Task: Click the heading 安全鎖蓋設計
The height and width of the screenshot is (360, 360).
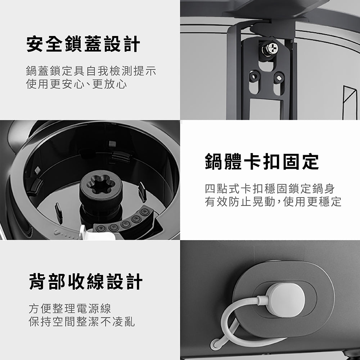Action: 83,44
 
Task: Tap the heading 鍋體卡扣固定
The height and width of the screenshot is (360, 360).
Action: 262,162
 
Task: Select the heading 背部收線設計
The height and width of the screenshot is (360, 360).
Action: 86,282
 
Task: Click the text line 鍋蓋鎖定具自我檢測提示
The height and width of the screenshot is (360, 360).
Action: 91,71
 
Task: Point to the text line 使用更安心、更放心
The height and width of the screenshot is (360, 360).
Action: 76,84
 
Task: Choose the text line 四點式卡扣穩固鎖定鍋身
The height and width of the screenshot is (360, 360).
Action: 270,189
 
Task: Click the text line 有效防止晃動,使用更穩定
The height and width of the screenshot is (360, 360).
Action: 273,202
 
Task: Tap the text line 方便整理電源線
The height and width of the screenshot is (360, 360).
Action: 70,309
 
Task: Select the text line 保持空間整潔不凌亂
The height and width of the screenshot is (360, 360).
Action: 82,321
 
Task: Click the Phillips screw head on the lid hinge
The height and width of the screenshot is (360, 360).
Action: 270,49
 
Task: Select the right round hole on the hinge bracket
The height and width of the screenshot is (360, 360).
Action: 279,78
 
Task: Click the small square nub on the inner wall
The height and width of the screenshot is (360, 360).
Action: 112,144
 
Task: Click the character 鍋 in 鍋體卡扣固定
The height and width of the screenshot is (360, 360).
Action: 213,162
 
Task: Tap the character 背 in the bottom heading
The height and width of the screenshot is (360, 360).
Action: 37,282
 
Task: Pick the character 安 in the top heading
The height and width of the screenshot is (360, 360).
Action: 35,44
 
